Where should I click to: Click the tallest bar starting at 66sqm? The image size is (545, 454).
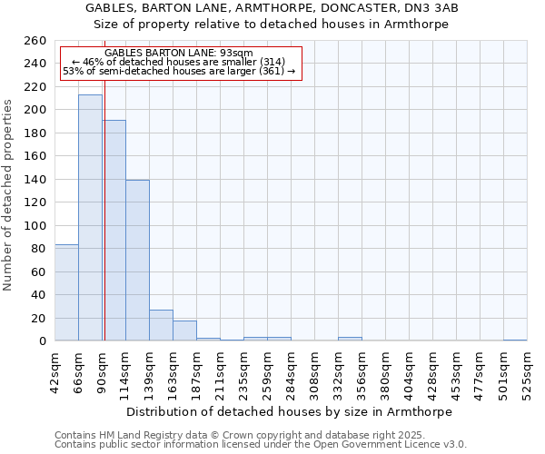pyautogui.click(x=90, y=218)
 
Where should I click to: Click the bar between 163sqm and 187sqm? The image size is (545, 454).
pyautogui.click(x=184, y=331)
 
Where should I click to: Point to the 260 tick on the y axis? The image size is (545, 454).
pyautogui.click(x=35, y=41)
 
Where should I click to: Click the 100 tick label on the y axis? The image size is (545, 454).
pyautogui.click(x=35, y=226)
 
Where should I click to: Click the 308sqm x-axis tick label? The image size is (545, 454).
pyautogui.click(x=314, y=372)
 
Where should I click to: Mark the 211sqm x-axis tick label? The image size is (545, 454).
pyautogui.click(x=220, y=372)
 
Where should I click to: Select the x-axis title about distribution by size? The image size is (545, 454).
pyautogui.click(x=291, y=411)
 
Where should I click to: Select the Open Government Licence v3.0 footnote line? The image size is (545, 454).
pyautogui.click(x=261, y=445)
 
